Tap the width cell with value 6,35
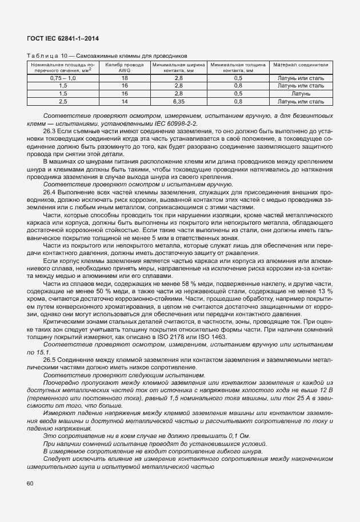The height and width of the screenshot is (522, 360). pos(178,101)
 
